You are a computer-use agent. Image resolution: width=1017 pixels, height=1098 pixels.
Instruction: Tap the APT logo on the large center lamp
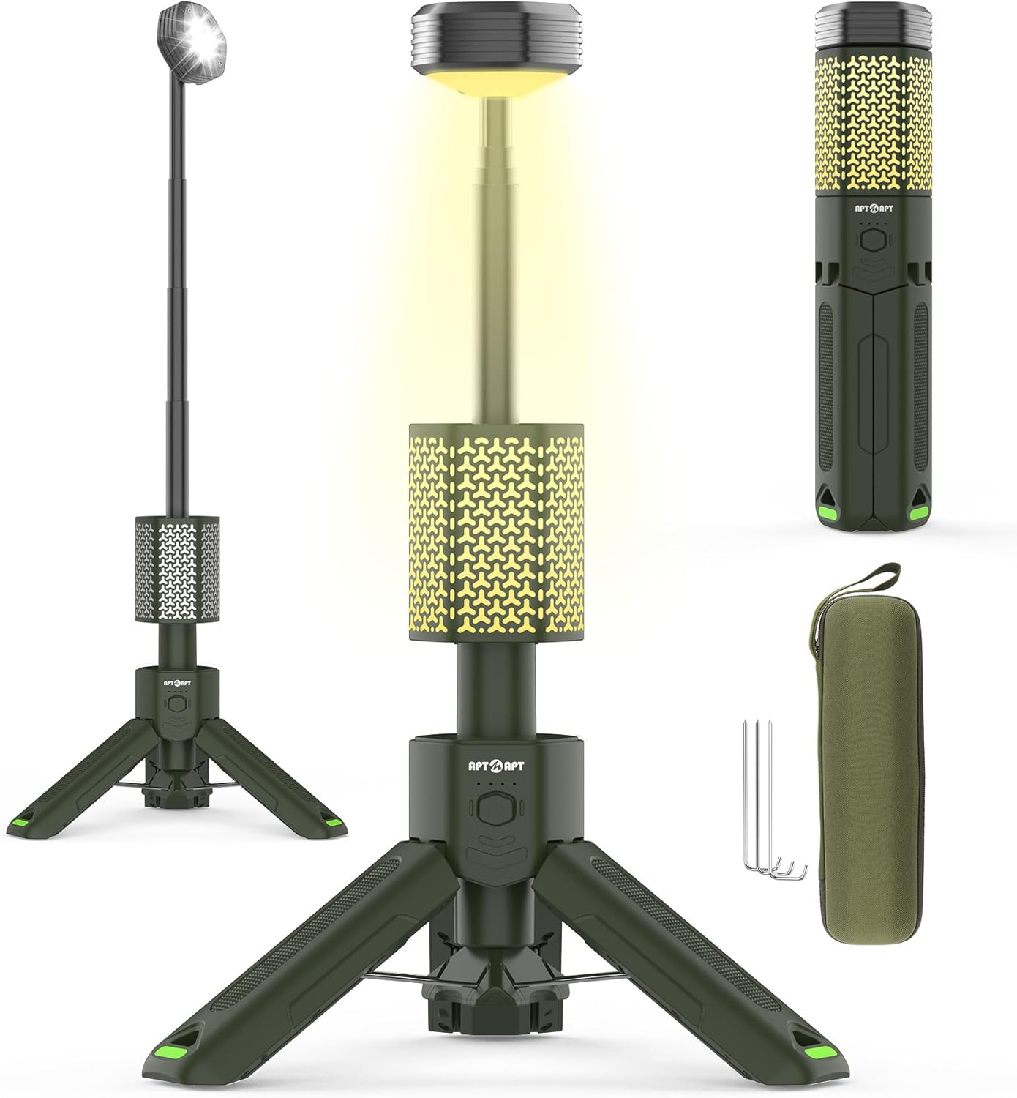[496, 767]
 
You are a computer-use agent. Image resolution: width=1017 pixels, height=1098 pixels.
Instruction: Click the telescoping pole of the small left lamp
[178, 293]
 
